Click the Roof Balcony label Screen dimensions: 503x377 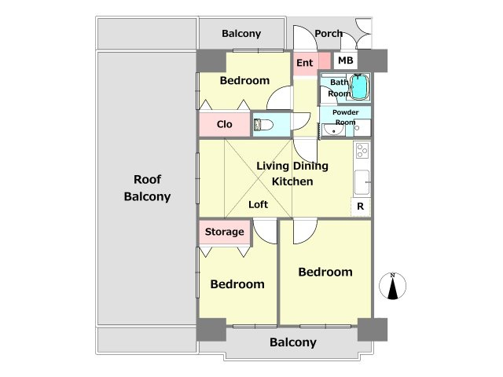(147, 188)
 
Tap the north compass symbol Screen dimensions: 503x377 (392, 286)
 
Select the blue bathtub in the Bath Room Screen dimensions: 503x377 (360, 87)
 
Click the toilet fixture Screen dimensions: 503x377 (263, 124)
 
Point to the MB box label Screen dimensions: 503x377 (346, 60)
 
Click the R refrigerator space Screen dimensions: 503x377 (361, 207)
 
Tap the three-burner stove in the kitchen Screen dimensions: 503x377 (362, 150)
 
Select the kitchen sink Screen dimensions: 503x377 (362, 182)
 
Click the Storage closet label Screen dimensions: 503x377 (224, 232)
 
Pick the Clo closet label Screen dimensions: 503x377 (224, 124)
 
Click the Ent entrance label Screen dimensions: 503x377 (304, 63)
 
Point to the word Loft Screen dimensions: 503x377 (259, 204)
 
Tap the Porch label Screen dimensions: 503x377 (329, 33)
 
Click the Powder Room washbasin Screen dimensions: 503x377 (333, 130)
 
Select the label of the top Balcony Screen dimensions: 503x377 (241, 34)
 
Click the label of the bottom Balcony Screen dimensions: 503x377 (293, 342)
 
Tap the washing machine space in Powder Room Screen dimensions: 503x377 (362, 127)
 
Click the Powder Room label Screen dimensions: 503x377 (346, 117)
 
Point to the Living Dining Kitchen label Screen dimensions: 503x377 (292, 174)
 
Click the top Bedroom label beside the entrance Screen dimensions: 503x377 (244, 80)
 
